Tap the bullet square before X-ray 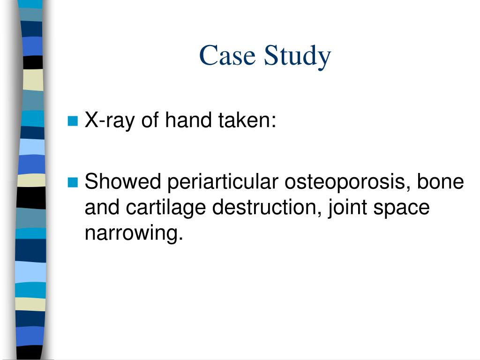pos(72,121)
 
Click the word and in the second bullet pos(99,207)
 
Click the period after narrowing pos(179,238)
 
